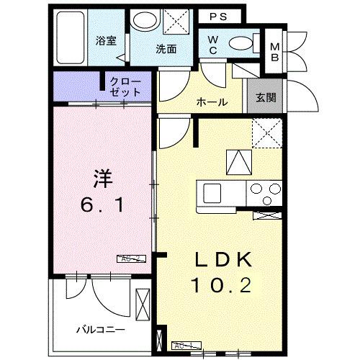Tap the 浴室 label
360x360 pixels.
click(x=107, y=40)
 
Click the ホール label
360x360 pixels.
click(x=212, y=102)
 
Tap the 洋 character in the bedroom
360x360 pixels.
click(x=102, y=176)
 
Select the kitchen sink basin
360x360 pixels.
click(x=213, y=193)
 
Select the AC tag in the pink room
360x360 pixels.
click(x=131, y=258)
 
